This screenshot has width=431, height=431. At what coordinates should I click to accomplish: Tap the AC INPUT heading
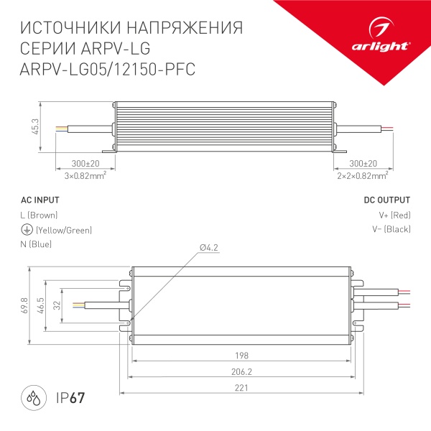40,200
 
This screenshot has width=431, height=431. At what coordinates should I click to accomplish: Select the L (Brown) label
40,215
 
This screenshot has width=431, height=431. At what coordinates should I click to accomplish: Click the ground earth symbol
26,230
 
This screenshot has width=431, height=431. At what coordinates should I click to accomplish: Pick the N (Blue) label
37,245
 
